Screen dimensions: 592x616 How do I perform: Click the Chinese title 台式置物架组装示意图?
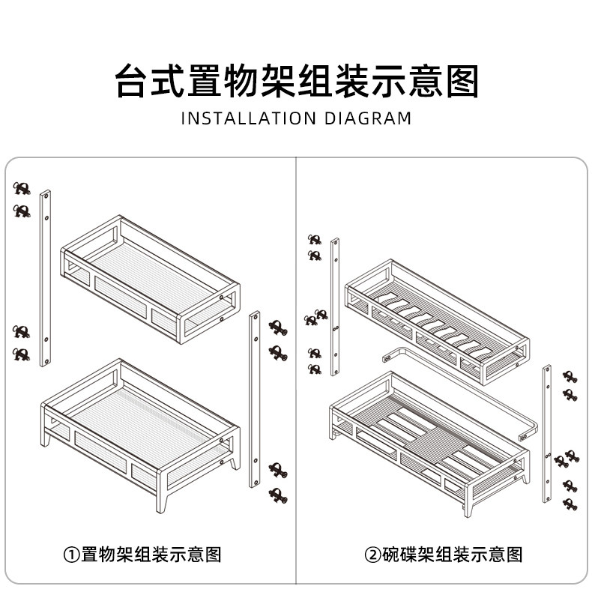point(296,80)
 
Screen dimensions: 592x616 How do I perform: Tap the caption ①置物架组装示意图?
point(142,555)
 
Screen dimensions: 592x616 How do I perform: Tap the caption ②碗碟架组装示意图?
point(444,555)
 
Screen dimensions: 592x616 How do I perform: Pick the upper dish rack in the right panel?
point(437,318)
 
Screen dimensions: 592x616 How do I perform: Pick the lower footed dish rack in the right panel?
point(429,438)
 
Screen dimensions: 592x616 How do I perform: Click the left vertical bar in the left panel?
point(45,277)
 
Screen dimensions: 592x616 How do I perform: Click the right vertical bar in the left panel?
point(255,399)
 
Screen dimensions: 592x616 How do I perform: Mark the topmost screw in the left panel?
point(22,188)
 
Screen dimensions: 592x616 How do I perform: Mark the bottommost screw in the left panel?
point(279,495)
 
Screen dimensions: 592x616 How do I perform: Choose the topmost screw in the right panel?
point(315,240)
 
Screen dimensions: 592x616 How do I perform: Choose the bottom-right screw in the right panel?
point(570,504)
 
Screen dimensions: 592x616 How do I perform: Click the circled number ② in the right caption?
point(372,555)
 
